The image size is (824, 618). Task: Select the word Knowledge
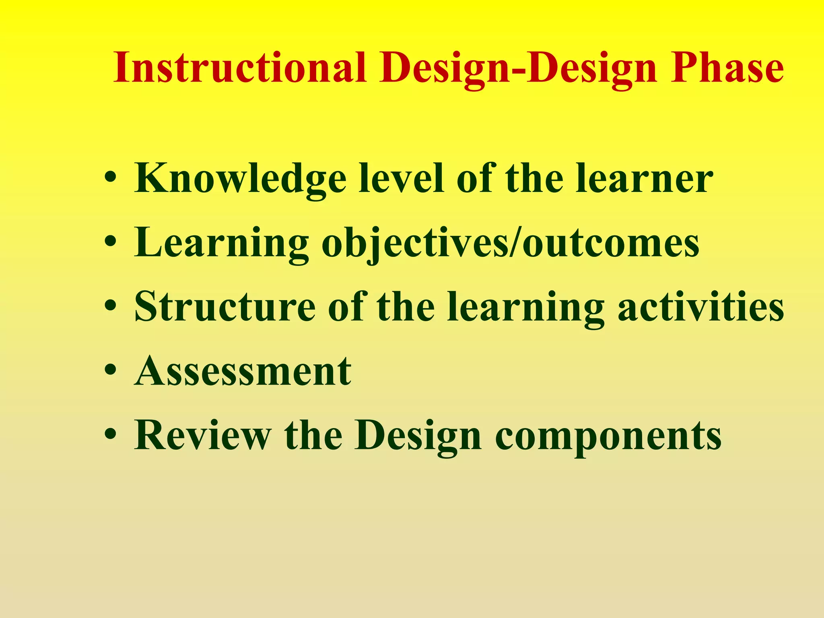click(240, 179)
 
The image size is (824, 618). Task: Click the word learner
click(644, 178)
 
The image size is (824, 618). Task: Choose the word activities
click(701, 307)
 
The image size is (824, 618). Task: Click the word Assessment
click(243, 371)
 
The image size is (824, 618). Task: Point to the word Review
click(202, 435)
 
